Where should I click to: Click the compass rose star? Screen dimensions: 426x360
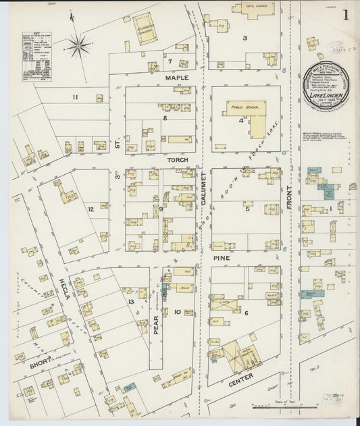pos(80,46)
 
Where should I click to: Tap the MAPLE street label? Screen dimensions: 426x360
pos(178,78)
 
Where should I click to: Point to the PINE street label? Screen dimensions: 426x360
pos(222,257)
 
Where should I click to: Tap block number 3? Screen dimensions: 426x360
pos(245,38)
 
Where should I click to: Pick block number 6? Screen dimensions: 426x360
pos(247,313)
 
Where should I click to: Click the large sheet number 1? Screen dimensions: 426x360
pos(346,16)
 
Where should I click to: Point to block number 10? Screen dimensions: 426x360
pos(177,312)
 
